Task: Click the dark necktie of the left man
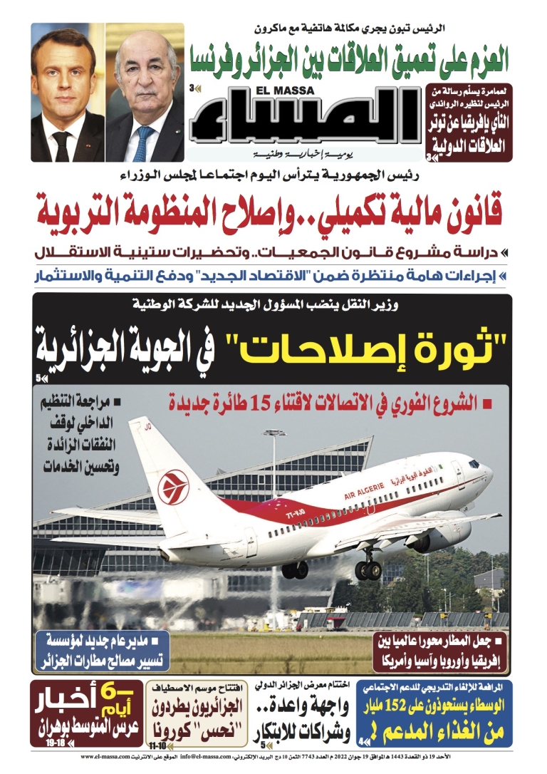pyautogui.click(x=63, y=146)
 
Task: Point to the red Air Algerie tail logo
pyautogui.click(x=173, y=487)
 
